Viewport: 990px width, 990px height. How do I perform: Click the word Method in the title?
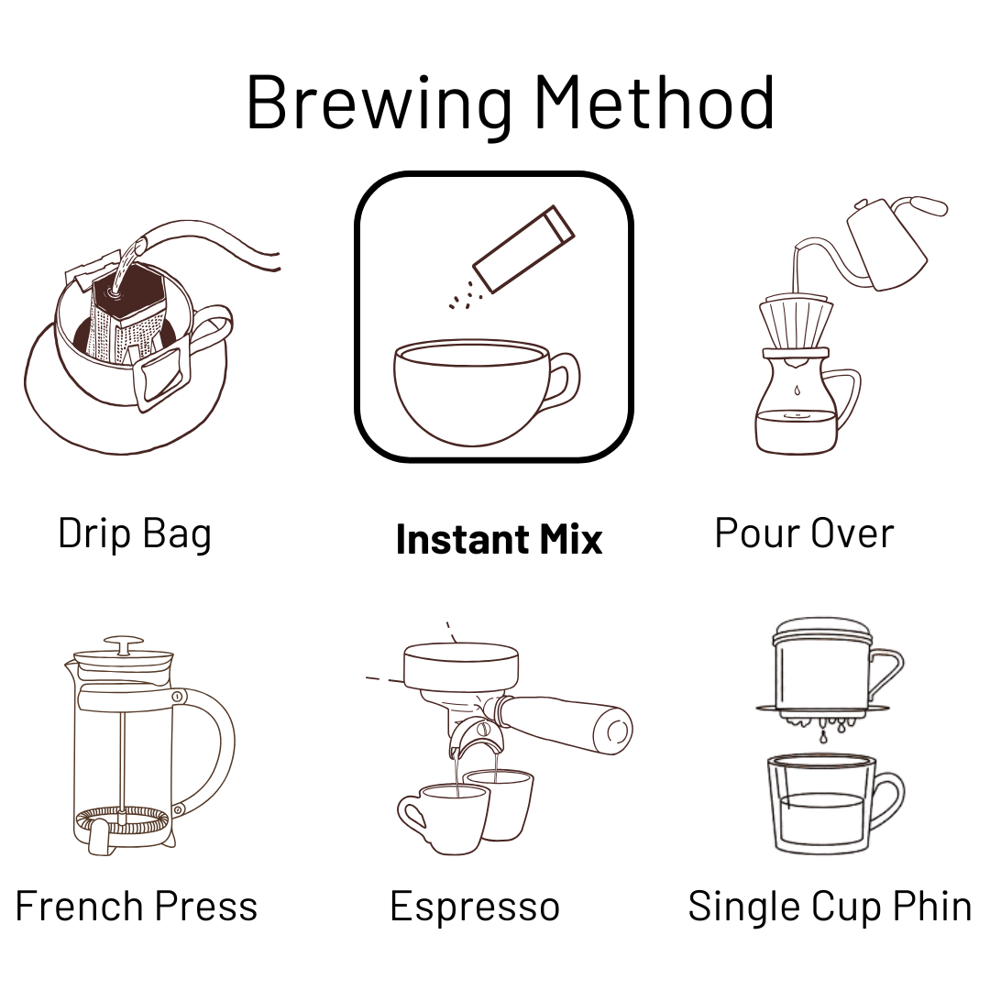[x=654, y=102]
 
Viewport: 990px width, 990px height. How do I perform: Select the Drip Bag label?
[x=135, y=534]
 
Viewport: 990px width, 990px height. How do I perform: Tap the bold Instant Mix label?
[x=499, y=539]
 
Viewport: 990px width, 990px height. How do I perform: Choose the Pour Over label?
[x=805, y=533]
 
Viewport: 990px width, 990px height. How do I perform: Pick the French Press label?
[x=137, y=907]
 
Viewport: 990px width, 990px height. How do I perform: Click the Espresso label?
[x=475, y=907]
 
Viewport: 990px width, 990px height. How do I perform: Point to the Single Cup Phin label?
[x=830, y=907]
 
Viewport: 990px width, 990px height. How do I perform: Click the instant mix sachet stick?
[x=523, y=248]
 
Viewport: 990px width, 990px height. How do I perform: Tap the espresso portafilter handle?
[x=566, y=723]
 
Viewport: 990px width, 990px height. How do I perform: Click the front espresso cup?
[x=442, y=818]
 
